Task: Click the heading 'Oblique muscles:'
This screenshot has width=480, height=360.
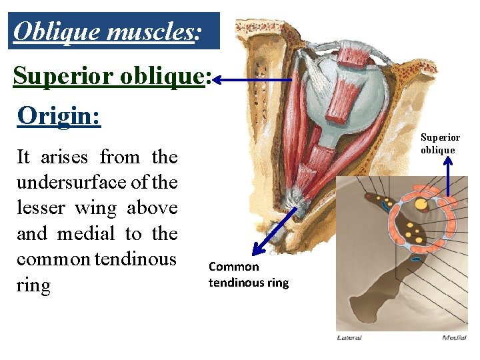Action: pos(107,31)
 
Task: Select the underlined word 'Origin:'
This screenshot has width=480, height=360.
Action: pos(59,115)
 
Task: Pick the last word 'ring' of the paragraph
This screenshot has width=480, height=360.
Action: pos(33,286)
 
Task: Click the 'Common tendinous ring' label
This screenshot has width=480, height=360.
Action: pos(248,274)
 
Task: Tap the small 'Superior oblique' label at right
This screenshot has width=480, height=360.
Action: pos(439,143)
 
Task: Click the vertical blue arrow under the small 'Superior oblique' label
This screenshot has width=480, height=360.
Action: pos(447,176)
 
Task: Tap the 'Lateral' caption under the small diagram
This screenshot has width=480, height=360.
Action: pos(349,337)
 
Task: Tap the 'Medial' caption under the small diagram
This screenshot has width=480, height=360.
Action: pos(455,337)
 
